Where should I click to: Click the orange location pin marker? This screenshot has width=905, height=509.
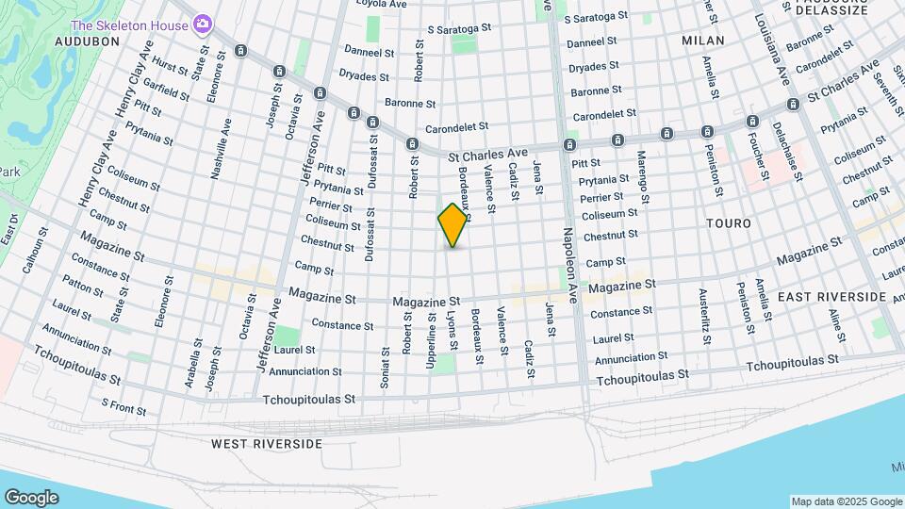[x=453, y=225]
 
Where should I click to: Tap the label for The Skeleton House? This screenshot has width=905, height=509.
[x=130, y=25]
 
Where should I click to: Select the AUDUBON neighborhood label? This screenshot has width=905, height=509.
[x=87, y=41]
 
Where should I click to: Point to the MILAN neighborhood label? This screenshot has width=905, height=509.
[x=703, y=41]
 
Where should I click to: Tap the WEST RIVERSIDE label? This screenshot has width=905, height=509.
[x=267, y=444]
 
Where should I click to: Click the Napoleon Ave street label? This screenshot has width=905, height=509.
[x=569, y=265]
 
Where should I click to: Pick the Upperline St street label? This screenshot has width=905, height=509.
[x=431, y=340]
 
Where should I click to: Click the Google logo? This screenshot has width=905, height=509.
[x=31, y=498]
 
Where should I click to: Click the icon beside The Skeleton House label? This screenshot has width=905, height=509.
[x=202, y=25]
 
